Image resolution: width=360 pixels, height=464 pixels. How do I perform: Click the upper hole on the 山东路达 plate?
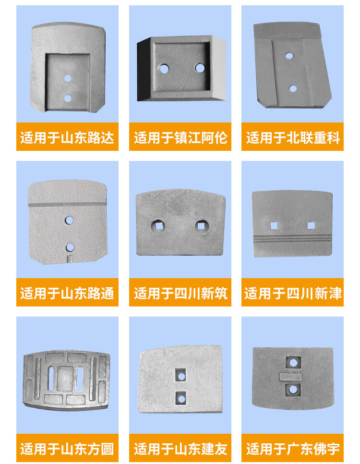click(x=68, y=78)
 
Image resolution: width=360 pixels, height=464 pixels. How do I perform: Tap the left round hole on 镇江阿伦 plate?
click(x=163, y=69)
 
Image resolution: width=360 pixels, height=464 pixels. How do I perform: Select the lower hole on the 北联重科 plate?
click(x=293, y=88)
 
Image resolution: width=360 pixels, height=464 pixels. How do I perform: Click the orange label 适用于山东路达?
click(x=68, y=137)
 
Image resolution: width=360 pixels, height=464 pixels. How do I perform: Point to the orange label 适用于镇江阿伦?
click(x=180, y=137)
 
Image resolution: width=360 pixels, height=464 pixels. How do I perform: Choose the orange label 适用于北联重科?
click(x=292, y=137)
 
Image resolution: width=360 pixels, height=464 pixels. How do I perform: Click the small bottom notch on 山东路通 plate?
click(x=70, y=259)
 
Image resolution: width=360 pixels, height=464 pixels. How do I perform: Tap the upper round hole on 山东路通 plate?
click(x=69, y=220)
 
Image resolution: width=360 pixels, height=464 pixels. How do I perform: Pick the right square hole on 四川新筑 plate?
click(x=202, y=226)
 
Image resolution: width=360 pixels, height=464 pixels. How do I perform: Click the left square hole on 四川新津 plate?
click(x=274, y=226)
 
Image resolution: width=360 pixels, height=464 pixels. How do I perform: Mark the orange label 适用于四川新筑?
click(x=180, y=293)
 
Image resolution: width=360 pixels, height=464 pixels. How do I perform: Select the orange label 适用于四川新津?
click(x=292, y=293)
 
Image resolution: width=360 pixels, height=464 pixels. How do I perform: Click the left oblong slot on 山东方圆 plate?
click(x=51, y=378)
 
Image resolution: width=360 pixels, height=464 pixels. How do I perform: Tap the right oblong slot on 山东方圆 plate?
click(x=80, y=379)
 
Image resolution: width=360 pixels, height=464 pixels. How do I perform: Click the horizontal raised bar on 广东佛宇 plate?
click(x=291, y=377)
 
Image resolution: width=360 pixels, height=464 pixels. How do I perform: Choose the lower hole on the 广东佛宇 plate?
click(x=293, y=390)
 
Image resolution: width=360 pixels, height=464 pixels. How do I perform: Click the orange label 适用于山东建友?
click(x=180, y=448)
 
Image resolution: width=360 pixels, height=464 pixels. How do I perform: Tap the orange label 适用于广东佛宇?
click(x=292, y=448)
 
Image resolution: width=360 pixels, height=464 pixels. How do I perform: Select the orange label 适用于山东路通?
click(x=68, y=293)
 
